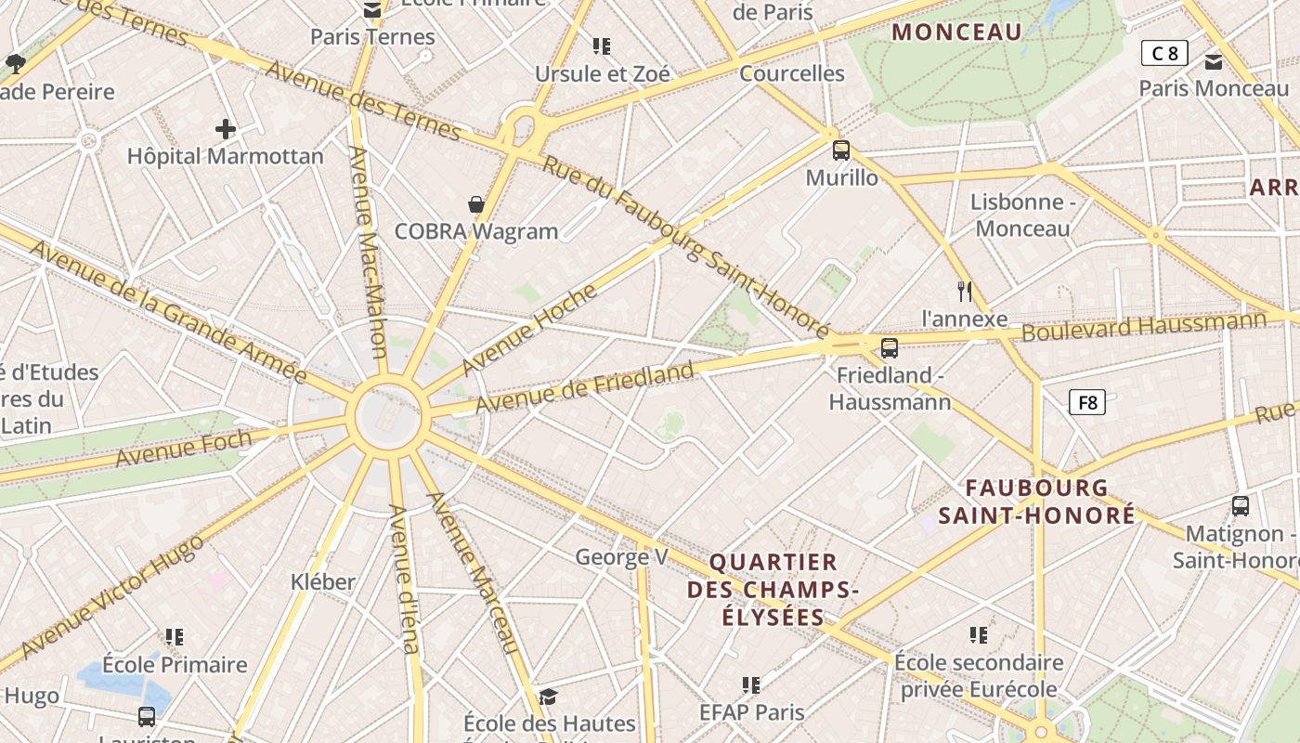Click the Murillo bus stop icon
pos(841,150)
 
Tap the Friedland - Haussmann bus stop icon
pos(890,348)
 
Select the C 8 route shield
pos(1164,53)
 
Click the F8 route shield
pos(1086,402)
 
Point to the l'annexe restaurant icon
pos(965,292)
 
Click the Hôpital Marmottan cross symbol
pos(225,128)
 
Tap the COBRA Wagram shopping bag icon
pos(476,204)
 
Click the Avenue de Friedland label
pos(585,388)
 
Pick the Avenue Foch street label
pos(184,449)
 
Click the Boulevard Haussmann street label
pos(1144,326)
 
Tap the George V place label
pos(621,557)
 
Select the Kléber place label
pos(323,582)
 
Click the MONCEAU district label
pos(956,33)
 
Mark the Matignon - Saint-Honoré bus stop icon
pos(1240,506)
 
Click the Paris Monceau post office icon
pos(1213,62)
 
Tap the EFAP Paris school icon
pos(751,685)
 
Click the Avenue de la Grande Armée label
pos(167,311)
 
